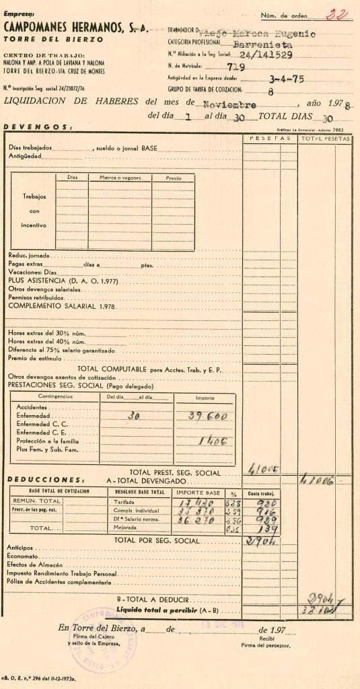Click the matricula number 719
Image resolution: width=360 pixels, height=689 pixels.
click(236, 67)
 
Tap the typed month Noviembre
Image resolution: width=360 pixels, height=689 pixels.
click(230, 104)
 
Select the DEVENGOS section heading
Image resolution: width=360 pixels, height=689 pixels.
click(38, 127)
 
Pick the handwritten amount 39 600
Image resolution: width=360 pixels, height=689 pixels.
click(205, 416)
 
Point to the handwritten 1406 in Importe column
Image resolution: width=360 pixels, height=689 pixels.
click(207, 441)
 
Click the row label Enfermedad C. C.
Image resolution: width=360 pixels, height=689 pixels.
click(40, 425)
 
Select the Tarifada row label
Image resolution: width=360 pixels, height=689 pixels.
click(126, 501)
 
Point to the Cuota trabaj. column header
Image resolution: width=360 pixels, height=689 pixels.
click(267, 493)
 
